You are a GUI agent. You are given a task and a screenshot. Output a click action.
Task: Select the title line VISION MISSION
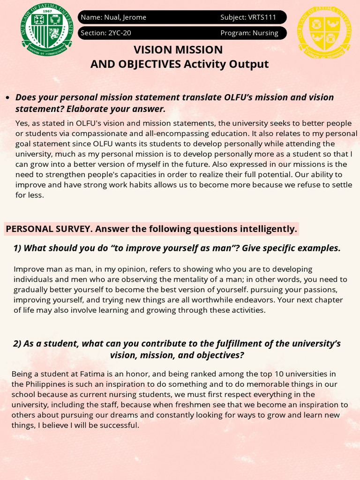coord(178,50)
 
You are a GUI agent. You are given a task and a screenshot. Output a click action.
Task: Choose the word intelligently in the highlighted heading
coord(269,229)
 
